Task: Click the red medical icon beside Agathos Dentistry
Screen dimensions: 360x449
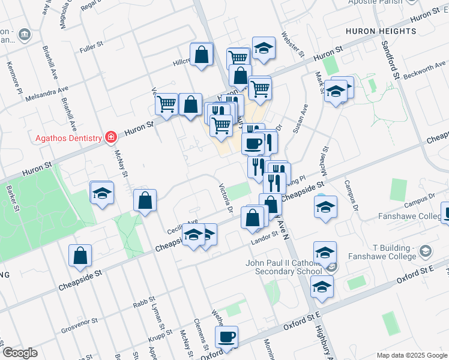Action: pos(110,138)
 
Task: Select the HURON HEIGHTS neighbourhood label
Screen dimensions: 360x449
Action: pos(381,31)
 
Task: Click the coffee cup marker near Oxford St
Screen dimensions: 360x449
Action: pos(227,337)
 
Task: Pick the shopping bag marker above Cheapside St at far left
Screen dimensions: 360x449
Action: pos(80,256)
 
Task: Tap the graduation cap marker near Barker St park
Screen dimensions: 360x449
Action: pos(101,193)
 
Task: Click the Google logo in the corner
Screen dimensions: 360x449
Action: pos(20,352)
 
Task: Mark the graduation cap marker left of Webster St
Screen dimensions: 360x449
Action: pos(264,49)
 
